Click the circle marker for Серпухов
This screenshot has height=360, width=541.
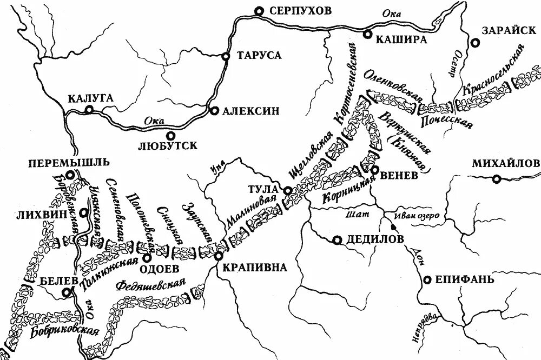pos(260,10)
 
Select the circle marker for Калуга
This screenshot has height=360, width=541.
pos(89,110)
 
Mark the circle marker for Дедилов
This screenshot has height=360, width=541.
pos(337,240)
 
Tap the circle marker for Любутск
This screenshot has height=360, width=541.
pos(170,136)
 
